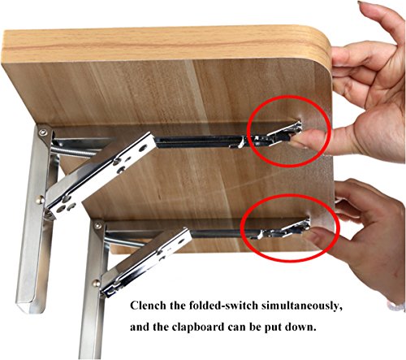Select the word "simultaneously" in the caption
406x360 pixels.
point(300,306)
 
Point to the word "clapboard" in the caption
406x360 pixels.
point(197,327)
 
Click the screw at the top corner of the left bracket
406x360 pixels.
point(41,132)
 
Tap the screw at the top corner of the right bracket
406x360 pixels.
point(97,225)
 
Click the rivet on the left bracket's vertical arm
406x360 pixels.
point(40,200)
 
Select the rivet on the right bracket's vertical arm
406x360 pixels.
point(96,284)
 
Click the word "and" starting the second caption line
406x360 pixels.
point(140,327)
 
